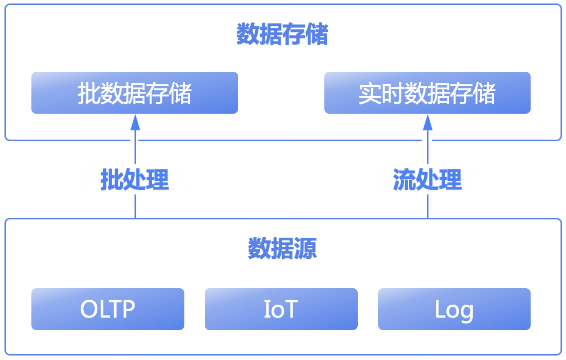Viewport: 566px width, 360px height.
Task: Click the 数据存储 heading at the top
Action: [x=282, y=34]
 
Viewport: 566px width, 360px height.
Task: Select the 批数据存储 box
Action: [x=135, y=93]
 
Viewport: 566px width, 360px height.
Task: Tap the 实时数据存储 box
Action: [x=427, y=93]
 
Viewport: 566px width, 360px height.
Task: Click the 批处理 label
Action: [x=135, y=180]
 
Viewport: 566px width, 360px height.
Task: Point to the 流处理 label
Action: [x=427, y=180]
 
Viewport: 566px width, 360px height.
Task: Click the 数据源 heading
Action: [x=283, y=248]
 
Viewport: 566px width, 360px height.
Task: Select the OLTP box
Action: [x=108, y=309]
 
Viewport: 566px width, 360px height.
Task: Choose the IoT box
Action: [x=281, y=309]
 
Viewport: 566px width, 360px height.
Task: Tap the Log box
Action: [x=454, y=309]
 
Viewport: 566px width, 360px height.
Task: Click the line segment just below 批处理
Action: [x=136, y=206]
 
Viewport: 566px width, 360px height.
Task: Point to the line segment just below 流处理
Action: [x=428, y=206]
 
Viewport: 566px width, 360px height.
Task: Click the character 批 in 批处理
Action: [x=112, y=180]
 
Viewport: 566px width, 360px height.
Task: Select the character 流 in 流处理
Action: [x=404, y=180]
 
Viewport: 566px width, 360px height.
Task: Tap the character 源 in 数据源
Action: [x=305, y=248]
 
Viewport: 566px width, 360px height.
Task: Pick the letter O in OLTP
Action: [x=89, y=309]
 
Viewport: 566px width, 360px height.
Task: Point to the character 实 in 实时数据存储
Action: [x=370, y=93]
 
